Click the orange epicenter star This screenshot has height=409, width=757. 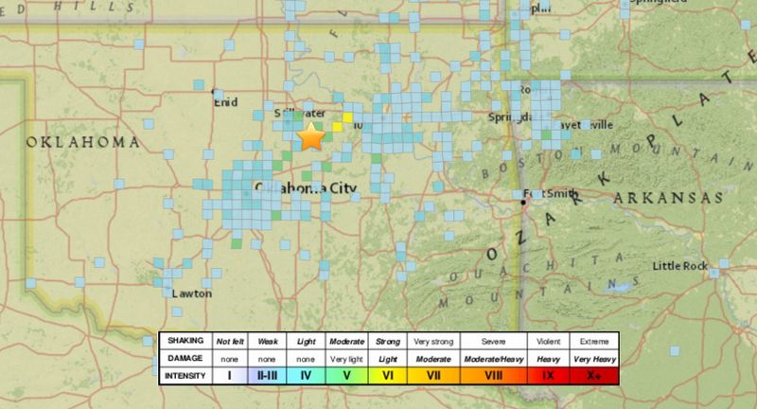pyautogui.click(x=311, y=137)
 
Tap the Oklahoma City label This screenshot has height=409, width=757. pyautogui.click(x=305, y=189)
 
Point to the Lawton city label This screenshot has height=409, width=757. pyautogui.click(x=192, y=293)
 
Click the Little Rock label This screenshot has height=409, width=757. pyautogui.click(x=679, y=266)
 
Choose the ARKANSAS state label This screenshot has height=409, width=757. pyautogui.click(x=667, y=197)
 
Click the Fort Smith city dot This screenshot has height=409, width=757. pyautogui.click(x=522, y=202)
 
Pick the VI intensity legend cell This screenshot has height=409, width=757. pyautogui.click(x=387, y=376)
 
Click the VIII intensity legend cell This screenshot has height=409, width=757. pyautogui.click(x=494, y=376)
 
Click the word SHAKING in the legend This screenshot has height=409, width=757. pyautogui.click(x=182, y=340)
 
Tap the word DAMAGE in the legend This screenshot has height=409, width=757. pyautogui.click(x=183, y=358)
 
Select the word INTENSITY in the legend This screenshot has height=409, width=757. pyautogui.click(x=183, y=376)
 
